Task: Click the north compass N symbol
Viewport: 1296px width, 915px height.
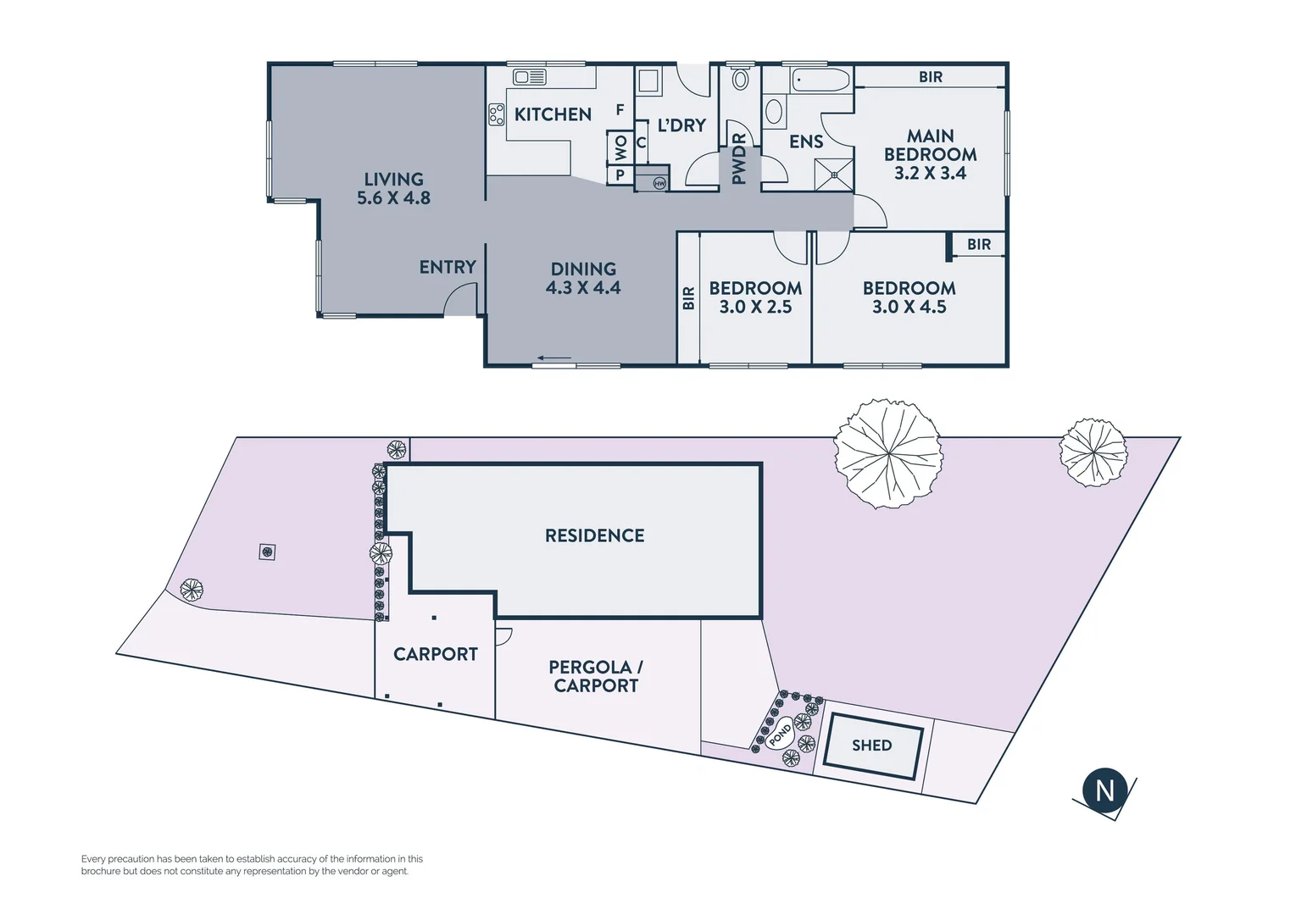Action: [x=1104, y=790]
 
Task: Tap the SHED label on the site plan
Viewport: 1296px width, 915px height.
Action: [x=871, y=746]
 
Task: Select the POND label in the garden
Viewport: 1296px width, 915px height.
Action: [x=780, y=735]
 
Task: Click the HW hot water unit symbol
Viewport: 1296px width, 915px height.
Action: [x=659, y=183]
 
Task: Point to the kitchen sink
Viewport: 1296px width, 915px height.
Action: [x=530, y=78]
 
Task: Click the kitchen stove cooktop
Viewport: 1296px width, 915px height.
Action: [x=496, y=114]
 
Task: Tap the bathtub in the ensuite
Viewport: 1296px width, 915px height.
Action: [x=820, y=81]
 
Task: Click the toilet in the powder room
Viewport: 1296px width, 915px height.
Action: [x=740, y=80]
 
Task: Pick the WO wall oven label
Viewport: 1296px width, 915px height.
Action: [x=620, y=148]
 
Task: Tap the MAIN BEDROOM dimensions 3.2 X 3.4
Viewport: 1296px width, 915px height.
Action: [x=930, y=173]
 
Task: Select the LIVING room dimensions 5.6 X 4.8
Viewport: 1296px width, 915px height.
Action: [x=393, y=198]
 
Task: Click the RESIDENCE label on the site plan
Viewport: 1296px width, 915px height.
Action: [x=594, y=535]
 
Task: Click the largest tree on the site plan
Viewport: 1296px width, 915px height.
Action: [x=887, y=453]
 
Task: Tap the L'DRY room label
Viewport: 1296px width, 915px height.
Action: [x=681, y=125]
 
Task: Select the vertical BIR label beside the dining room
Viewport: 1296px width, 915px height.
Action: [x=688, y=298]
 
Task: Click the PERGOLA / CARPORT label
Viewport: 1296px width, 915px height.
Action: [x=596, y=676]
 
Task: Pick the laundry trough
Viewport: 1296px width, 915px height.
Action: [x=648, y=81]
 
